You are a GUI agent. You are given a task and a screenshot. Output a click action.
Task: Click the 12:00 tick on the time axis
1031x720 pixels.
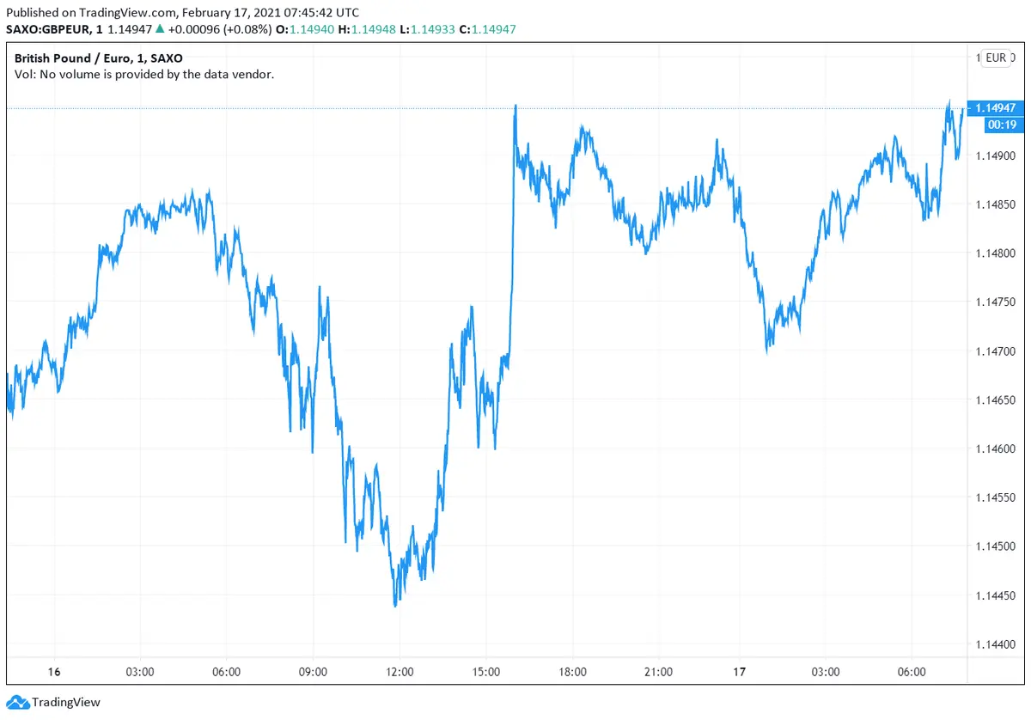pos(400,672)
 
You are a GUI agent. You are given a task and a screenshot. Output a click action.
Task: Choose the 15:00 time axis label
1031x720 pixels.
pos(486,672)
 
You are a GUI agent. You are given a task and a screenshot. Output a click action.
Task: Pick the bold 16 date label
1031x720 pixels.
pos(54,672)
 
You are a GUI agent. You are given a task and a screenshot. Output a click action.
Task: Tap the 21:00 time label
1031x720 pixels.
pos(658,672)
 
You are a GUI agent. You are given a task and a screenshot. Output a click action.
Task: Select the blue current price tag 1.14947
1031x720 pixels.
pos(996,108)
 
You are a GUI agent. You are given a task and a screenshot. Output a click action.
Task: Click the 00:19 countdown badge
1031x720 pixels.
pos(1003,125)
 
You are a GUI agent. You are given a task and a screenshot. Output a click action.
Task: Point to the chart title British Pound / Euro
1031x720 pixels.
pos(76,58)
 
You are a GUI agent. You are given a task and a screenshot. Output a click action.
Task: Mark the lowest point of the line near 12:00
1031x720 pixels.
pos(395,606)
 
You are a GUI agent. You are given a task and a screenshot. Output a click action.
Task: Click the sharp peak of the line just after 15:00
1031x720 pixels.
pos(515,106)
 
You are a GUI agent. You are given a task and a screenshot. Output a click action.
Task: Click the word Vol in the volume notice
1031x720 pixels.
pos(24,75)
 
